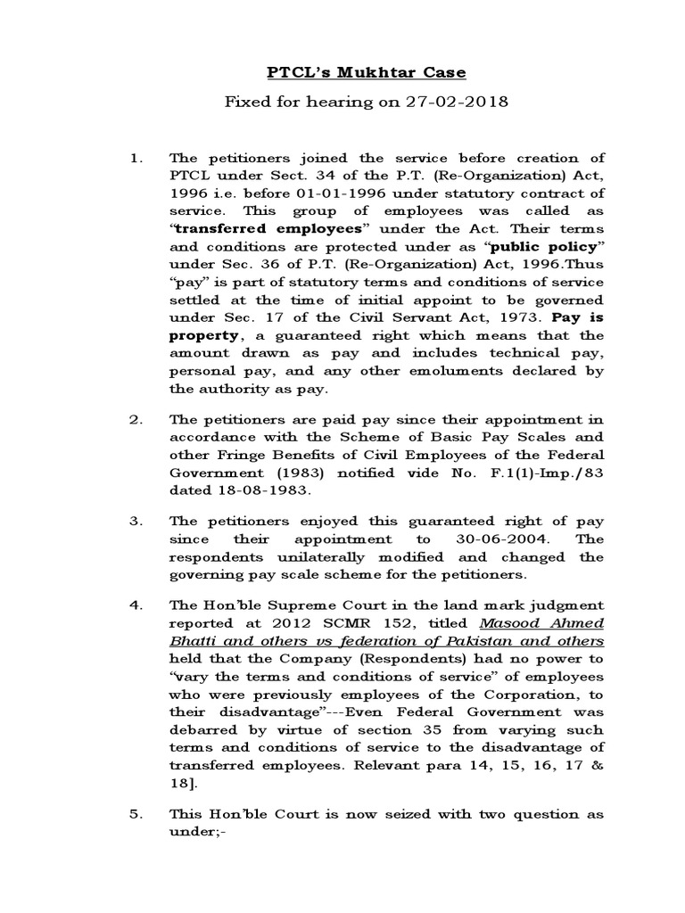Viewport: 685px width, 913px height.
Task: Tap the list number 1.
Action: tap(136, 159)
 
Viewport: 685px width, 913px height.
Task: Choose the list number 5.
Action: tap(136, 818)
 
